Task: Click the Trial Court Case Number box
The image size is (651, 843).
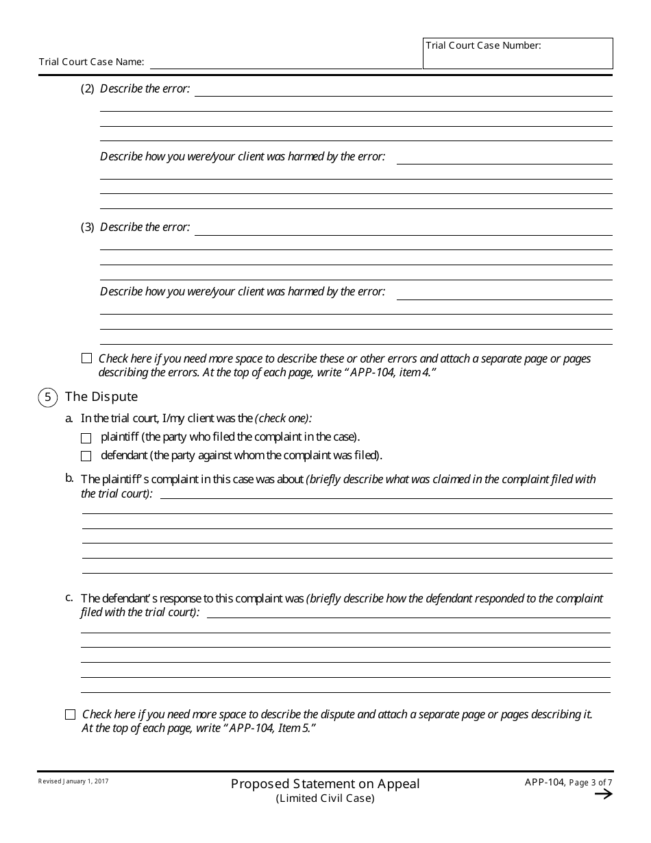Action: pos(517,53)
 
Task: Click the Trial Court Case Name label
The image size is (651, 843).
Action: pos(91,62)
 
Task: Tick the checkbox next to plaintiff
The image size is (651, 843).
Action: pos(86,438)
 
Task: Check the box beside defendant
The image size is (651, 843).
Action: pos(86,456)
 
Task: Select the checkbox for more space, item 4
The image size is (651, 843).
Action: pos(86,358)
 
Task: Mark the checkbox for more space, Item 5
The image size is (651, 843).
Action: pos(70,714)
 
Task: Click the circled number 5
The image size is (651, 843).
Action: pos(47,397)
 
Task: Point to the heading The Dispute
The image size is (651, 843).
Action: pos(101,397)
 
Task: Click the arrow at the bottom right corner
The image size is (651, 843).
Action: pos(603,794)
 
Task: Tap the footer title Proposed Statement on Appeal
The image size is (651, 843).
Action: pos(325,783)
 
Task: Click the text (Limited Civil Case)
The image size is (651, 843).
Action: pos(325,798)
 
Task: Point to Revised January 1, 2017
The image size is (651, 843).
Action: pos(73,781)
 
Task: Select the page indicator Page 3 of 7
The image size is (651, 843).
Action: pos(591,783)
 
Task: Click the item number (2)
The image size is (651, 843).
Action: pos(88,89)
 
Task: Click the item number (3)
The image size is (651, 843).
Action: pos(88,228)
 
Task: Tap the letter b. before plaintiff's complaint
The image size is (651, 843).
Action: pos(69,478)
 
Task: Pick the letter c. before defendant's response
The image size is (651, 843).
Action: pos(69,597)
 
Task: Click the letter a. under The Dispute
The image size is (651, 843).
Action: pos(69,418)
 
